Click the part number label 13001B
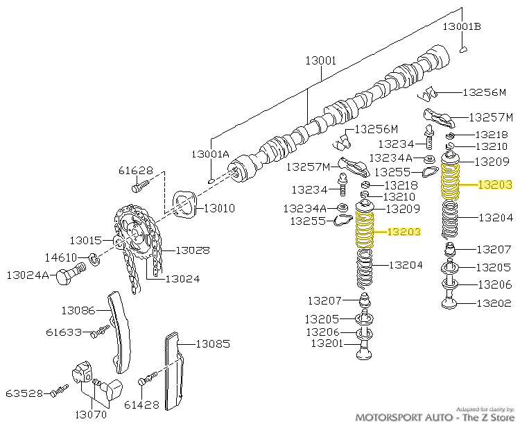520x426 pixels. [x=462, y=26]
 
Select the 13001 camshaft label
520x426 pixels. [x=320, y=61]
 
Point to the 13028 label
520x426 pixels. [x=192, y=250]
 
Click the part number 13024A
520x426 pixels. [x=28, y=275]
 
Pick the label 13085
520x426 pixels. [x=212, y=343]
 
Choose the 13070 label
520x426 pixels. [x=92, y=416]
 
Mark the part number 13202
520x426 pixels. [x=494, y=303]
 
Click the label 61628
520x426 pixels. [x=135, y=170]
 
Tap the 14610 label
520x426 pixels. [x=60, y=257]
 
